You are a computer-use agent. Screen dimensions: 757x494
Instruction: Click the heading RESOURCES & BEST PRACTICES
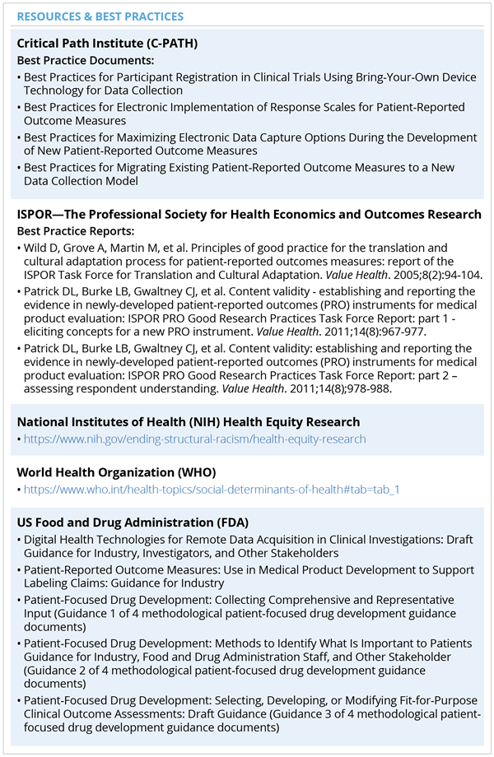(x=100, y=16)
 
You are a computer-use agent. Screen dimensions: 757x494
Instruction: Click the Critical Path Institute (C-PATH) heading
(x=109, y=44)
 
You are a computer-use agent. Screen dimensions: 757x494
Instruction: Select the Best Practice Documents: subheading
(x=85, y=61)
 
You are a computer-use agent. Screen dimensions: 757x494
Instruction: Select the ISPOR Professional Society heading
(x=249, y=215)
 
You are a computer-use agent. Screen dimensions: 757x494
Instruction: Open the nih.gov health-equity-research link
(x=194, y=439)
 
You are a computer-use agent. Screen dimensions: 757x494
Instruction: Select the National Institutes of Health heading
(x=189, y=422)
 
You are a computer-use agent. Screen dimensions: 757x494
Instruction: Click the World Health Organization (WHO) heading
(x=116, y=472)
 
